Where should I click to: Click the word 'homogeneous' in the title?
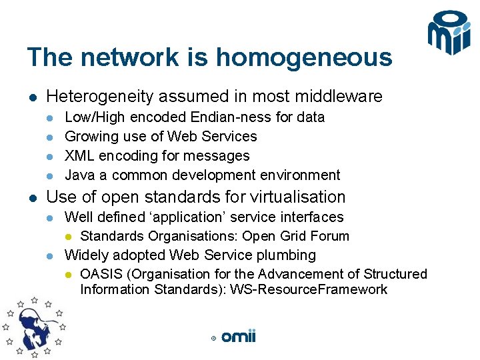304,58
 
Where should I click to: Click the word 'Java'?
79,175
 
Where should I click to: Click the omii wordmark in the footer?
238,337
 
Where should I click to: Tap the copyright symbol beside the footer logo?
213,339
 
